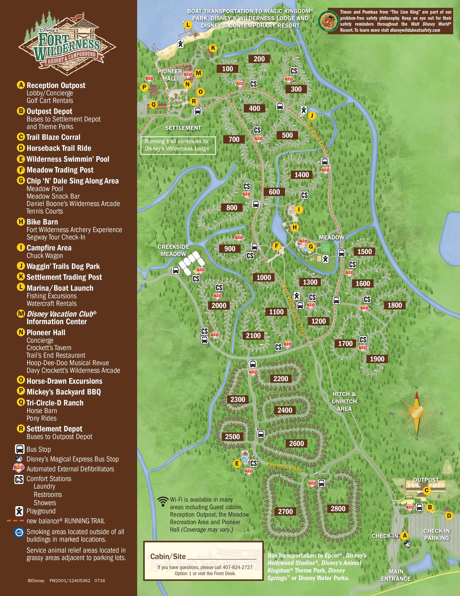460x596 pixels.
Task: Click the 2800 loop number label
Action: [338, 509]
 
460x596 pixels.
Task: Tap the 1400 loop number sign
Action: [302, 175]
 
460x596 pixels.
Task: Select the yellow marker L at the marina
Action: [188, 25]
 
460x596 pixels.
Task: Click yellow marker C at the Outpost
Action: [426, 490]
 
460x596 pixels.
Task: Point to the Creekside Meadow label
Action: [173, 250]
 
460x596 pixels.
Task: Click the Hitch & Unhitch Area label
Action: [344, 401]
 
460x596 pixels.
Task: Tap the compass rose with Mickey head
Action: [416, 413]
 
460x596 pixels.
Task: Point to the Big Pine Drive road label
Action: [317, 138]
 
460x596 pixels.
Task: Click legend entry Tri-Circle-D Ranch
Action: [55, 403]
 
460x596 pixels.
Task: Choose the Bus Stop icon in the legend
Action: [20, 449]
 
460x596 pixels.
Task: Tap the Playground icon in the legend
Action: [19, 511]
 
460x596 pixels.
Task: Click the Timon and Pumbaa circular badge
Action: [328, 21]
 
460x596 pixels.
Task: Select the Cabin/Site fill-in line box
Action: [204, 561]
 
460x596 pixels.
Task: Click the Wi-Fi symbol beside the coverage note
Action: [163, 501]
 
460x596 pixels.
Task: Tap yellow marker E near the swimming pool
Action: [237, 463]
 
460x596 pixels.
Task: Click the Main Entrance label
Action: [396, 575]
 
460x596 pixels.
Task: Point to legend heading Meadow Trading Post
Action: [60, 170]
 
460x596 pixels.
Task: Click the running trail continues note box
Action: [178, 145]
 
